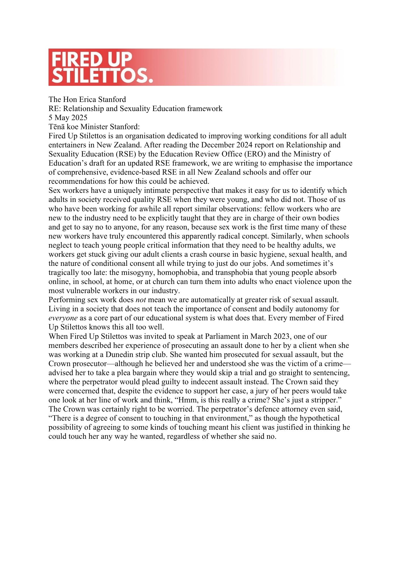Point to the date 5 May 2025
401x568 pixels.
tap(68, 118)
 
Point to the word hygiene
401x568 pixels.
tap(273, 254)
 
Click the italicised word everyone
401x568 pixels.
tap(63, 318)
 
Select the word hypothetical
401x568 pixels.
tap(320, 418)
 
